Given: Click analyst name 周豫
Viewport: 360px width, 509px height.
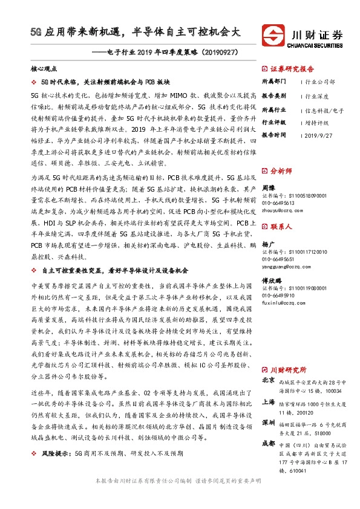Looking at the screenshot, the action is coord(269,187).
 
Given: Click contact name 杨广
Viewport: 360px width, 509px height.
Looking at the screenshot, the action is coord(269,243).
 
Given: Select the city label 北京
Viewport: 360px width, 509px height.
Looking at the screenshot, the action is coord(269,381).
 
